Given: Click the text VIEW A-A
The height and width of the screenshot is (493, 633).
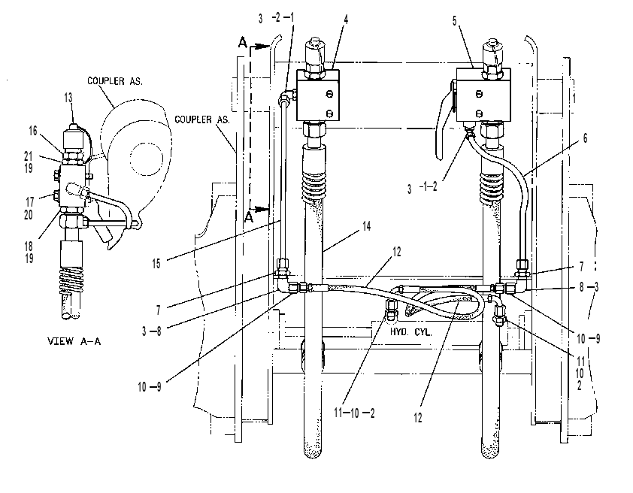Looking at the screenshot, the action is tap(74, 341).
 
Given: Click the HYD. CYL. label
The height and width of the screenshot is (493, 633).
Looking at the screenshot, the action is tap(410, 331).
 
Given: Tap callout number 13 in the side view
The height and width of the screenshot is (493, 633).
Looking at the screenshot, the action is tap(68, 98).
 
